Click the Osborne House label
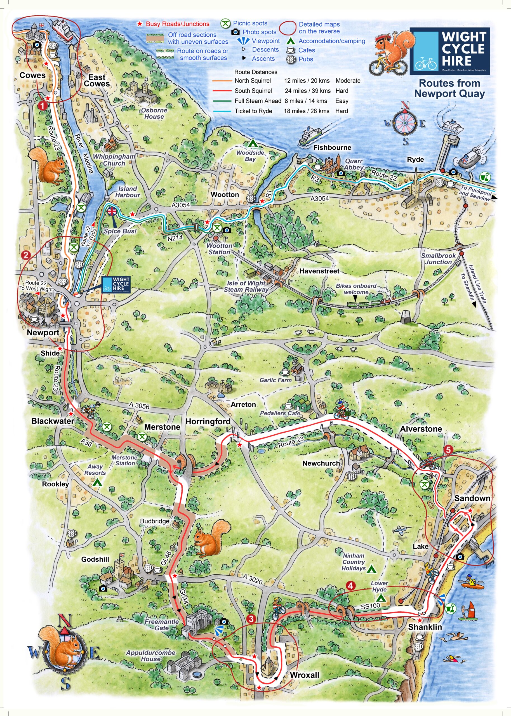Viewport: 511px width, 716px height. click(154, 113)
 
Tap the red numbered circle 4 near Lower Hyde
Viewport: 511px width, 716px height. click(350, 585)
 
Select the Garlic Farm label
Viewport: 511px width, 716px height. click(275, 380)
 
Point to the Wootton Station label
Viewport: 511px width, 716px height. click(219, 249)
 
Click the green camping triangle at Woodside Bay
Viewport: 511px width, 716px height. click(252, 144)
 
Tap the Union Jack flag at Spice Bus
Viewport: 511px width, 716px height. click(112, 211)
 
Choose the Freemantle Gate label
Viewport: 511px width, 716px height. click(162, 625)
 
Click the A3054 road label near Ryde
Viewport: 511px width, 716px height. click(319, 199)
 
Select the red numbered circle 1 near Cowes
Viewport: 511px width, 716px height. click(42, 105)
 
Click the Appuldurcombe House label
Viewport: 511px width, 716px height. click(151, 656)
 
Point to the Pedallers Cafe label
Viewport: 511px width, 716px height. click(280, 413)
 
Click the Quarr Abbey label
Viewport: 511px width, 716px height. click(354, 164)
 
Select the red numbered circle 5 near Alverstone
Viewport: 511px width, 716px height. click(448, 450)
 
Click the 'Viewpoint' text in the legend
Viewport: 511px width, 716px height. click(266, 41)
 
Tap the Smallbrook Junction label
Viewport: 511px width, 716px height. click(438, 259)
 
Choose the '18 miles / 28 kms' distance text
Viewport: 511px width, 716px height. click(307, 111)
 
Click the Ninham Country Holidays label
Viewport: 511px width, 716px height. click(353, 562)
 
